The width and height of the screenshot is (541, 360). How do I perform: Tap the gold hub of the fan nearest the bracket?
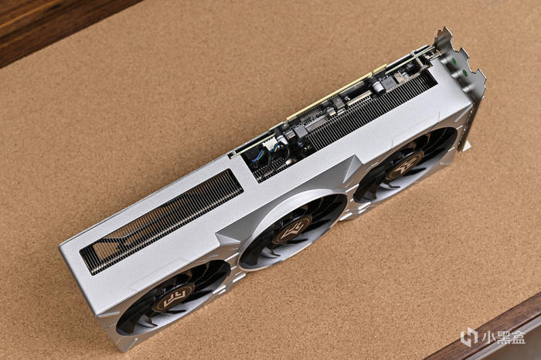click(404, 165)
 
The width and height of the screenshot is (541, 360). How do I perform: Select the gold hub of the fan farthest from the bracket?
click(174, 297)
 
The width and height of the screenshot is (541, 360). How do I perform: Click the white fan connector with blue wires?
click(269, 142)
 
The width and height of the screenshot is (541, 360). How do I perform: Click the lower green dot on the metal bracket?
click(464, 73)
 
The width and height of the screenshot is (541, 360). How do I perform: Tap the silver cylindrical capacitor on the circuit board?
click(377, 85)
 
